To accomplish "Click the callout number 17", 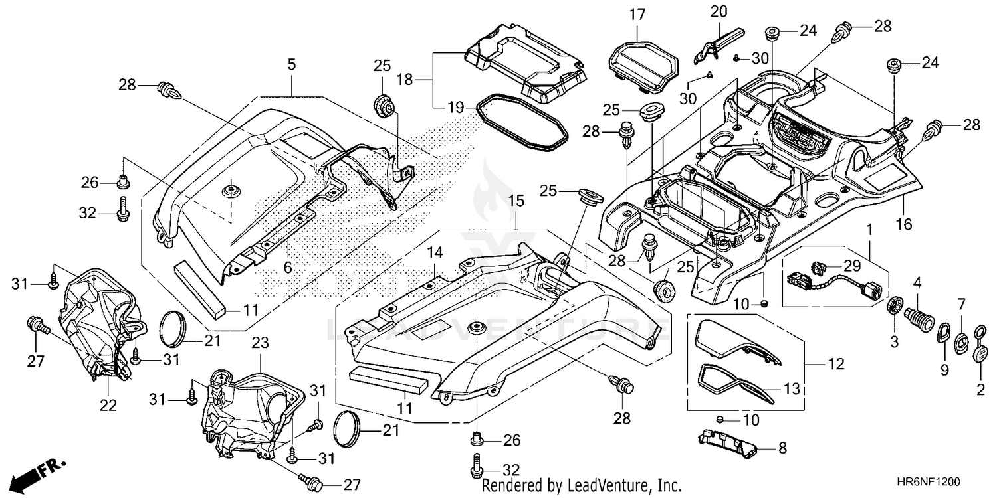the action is coord(637,15).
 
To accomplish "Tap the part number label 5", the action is coord(292,65).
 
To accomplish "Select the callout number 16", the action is coord(904,224).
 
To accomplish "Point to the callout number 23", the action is coord(261,343).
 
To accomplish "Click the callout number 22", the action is coord(108,406).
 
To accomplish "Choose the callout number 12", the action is coord(836,364).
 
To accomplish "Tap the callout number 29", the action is coord(852,266).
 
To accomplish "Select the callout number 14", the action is coord(435,252).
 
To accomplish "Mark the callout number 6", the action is coord(288,267).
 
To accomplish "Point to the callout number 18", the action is coord(405,80).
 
